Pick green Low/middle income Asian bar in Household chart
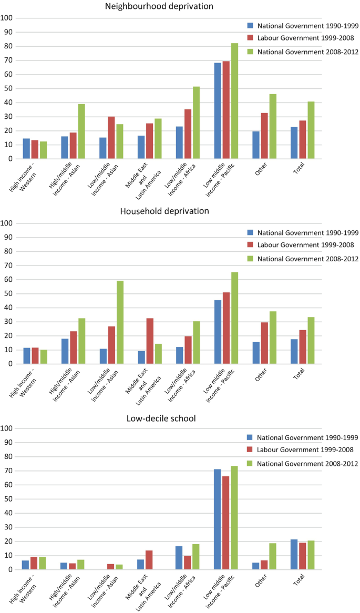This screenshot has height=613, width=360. [120, 322]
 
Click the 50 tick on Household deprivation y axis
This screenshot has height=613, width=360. [9, 293]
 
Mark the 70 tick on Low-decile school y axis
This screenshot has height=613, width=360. [9, 471]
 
